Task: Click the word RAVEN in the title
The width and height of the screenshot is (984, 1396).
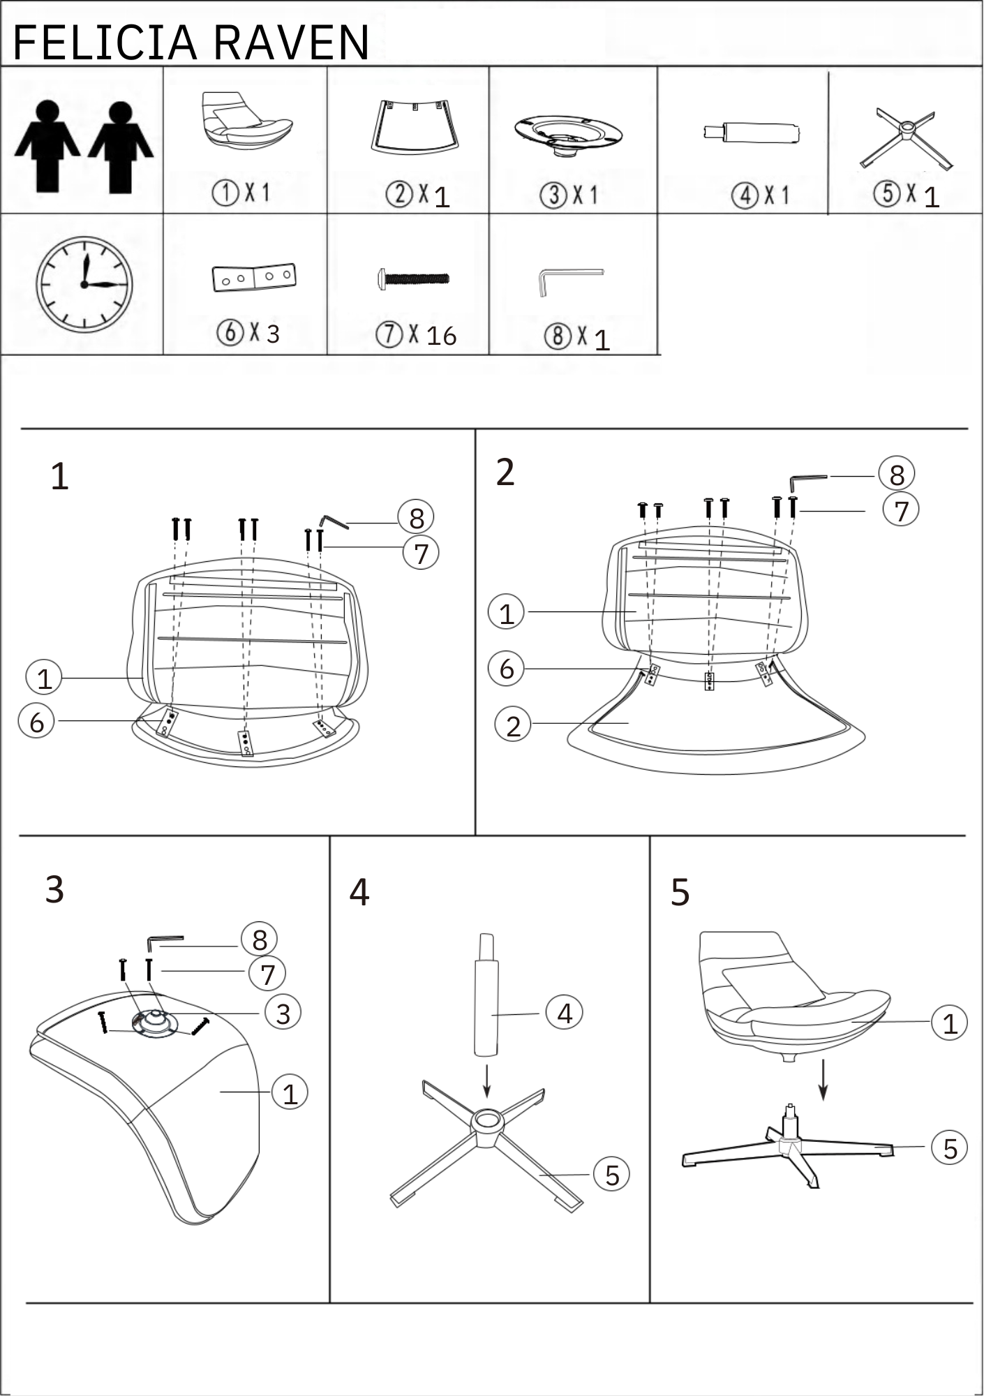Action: (x=292, y=43)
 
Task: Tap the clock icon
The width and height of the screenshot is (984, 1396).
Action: (x=84, y=284)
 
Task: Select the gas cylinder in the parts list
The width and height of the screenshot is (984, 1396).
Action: (x=752, y=132)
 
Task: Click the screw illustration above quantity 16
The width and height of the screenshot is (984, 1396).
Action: (x=414, y=279)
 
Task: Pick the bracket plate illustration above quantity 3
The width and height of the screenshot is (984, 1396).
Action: (x=254, y=277)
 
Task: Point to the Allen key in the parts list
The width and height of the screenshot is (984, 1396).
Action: (x=570, y=281)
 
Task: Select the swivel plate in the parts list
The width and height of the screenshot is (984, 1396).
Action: (x=568, y=135)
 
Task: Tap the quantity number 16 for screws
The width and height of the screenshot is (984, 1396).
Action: (x=441, y=336)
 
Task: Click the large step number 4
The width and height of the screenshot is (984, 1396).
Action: (x=359, y=892)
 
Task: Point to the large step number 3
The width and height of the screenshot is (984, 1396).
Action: (x=54, y=889)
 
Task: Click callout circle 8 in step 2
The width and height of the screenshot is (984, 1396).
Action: (x=897, y=475)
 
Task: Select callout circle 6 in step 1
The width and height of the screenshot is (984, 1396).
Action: (x=36, y=721)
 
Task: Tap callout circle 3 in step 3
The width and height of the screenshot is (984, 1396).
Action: (x=283, y=1013)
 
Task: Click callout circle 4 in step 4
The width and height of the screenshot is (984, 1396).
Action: (x=565, y=1012)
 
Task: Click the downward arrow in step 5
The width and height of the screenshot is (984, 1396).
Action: (x=823, y=1080)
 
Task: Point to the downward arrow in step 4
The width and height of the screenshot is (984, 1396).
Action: (x=487, y=1081)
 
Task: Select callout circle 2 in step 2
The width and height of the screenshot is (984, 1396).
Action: (x=513, y=725)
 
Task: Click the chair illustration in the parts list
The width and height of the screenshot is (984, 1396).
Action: (x=247, y=120)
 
